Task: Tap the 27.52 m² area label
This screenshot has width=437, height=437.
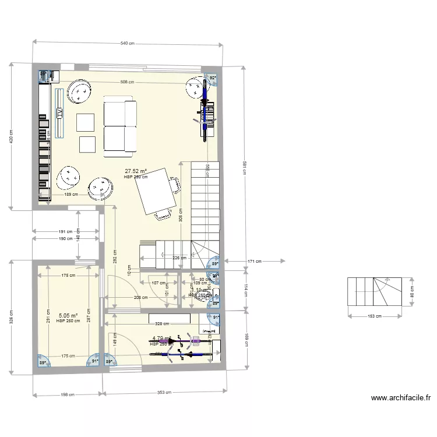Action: click(135, 172)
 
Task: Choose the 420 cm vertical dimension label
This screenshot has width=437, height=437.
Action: click(11, 138)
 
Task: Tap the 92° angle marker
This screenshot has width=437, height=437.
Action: click(213, 77)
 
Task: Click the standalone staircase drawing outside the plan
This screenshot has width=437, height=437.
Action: click(375, 291)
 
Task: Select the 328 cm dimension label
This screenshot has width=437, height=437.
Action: click(161, 323)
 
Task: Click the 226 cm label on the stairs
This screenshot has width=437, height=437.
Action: click(179, 258)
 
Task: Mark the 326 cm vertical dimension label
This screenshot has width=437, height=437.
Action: click(11, 318)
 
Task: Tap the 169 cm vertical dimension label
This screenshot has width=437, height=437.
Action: click(246, 339)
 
